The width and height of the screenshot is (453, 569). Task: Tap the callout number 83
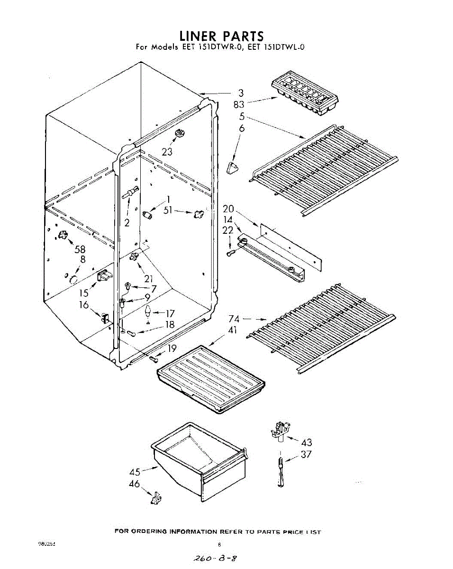(239, 104)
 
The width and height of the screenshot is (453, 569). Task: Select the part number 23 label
(167, 152)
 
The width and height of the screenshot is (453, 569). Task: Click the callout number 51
(168, 211)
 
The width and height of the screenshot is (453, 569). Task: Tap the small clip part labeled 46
(155, 498)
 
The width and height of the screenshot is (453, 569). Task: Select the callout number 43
(307, 442)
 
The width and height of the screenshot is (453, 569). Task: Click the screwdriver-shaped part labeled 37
(281, 472)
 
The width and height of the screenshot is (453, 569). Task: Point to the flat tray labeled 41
(210, 377)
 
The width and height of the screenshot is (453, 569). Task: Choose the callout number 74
(234, 319)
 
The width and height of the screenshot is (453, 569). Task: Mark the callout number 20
(228, 209)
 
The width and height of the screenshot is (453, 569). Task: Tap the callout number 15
(84, 293)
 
